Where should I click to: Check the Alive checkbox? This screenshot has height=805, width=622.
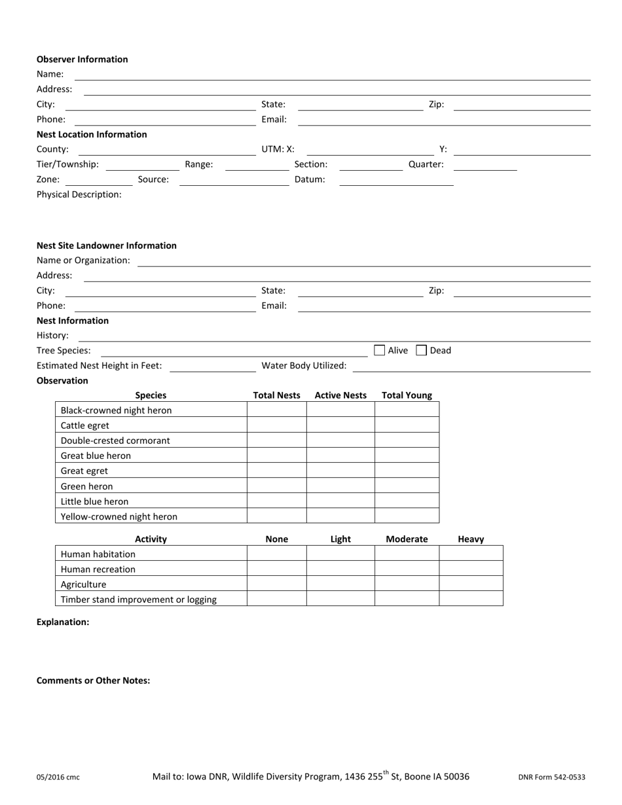380,350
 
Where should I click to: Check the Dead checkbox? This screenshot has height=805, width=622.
422,350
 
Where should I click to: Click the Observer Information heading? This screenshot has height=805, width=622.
82,60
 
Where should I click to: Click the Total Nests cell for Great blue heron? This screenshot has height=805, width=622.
276,456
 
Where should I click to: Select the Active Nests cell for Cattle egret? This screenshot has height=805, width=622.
340,425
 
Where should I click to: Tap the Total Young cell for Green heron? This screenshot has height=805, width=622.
407,486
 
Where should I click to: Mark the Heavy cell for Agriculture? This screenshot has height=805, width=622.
471,584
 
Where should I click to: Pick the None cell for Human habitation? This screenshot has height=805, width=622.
276,554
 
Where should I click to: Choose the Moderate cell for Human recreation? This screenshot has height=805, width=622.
407,569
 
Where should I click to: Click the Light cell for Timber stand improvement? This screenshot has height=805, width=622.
340,599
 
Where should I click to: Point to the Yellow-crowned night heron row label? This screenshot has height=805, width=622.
119,516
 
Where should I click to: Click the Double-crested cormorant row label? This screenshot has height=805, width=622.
115,440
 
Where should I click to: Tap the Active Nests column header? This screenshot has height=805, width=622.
340,395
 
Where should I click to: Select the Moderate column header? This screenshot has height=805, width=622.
407,539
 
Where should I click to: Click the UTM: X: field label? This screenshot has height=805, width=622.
278,149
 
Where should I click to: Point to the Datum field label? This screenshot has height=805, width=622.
310,179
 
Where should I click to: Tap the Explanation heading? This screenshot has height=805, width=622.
63,622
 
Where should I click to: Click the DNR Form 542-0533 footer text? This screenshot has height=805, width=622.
552,778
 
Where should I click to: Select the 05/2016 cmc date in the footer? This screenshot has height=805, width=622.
58,778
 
